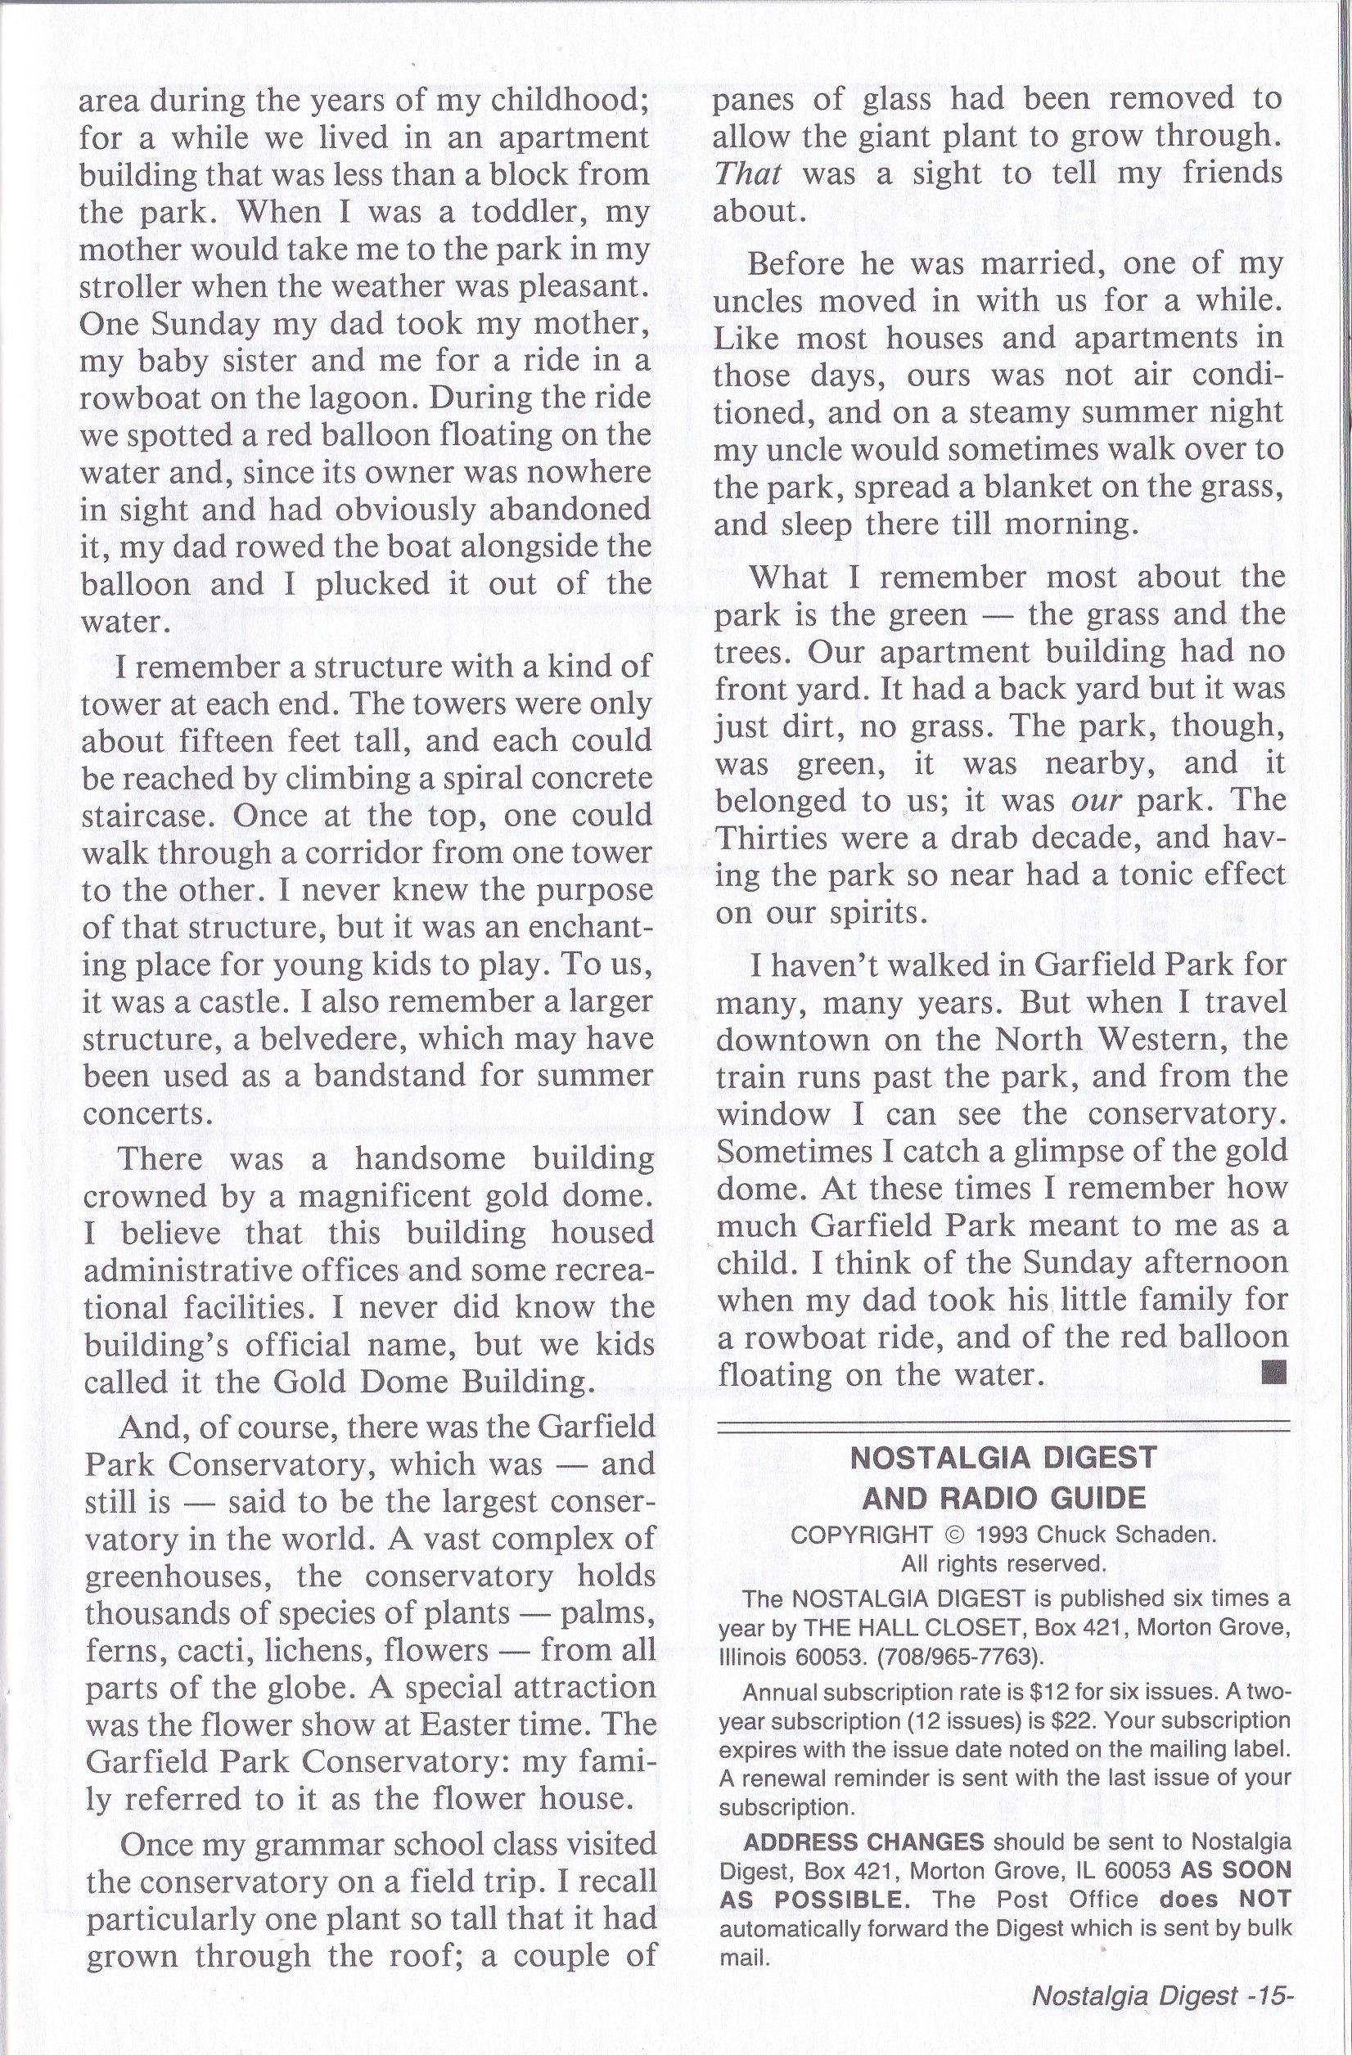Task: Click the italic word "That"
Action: point(748,174)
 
